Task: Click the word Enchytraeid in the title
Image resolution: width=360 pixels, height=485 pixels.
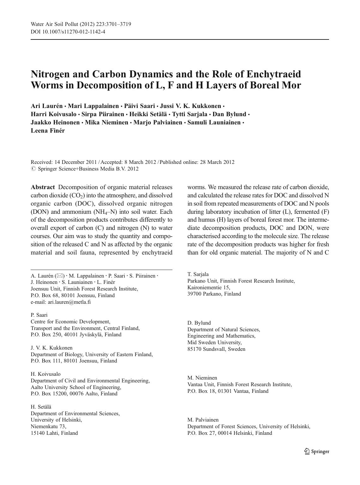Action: click(273, 74)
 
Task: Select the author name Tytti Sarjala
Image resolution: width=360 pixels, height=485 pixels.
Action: click(189, 114)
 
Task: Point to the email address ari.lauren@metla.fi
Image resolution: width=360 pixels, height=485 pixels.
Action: click(69, 302)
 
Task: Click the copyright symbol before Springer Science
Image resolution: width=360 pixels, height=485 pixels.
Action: click(33, 169)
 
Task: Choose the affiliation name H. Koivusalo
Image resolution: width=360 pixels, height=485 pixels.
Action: click(45, 374)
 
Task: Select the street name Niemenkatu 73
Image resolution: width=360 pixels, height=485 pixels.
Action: click(48, 426)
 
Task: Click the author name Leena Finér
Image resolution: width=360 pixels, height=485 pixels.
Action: click(48, 130)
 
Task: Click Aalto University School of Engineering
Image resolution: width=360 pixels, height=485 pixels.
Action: click(76, 387)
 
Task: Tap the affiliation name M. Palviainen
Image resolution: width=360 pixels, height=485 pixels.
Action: click(203, 420)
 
